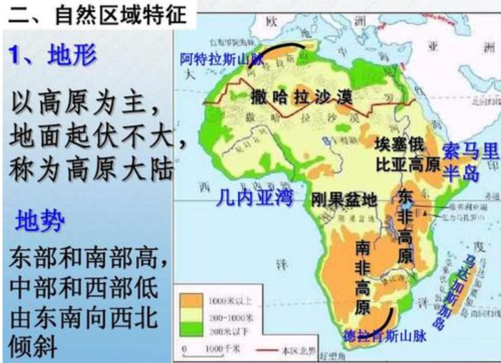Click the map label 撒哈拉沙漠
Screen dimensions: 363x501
click(x=302, y=97)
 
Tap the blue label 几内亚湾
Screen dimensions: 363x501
click(x=254, y=198)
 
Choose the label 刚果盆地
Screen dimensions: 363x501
click(x=344, y=200)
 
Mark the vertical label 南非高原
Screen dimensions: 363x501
click(x=362, y=277)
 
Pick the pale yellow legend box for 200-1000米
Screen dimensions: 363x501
click(x=193, y=315)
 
